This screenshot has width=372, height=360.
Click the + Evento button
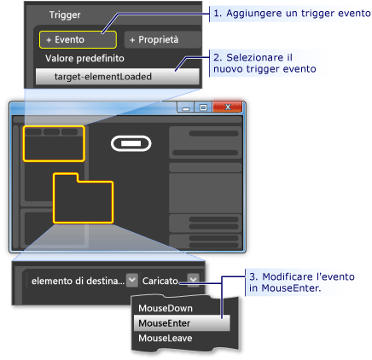tap(76, 39)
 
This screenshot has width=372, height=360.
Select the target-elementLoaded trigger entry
tap(118, 76)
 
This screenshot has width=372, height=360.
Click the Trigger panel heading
tap(64, 15)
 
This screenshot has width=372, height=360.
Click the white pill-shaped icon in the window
tap(131, 145)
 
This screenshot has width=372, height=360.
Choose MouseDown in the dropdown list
tap(164, 308)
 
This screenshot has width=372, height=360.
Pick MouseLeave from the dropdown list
tap(164, 338)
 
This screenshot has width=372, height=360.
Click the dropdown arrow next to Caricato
tap(194, 279)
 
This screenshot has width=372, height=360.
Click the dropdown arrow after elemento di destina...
tap(131, 279)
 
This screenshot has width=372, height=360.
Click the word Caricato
tap(162, 279)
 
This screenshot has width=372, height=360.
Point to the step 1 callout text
tap(291, 15)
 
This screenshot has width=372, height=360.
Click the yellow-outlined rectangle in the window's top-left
tap(53, 143)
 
